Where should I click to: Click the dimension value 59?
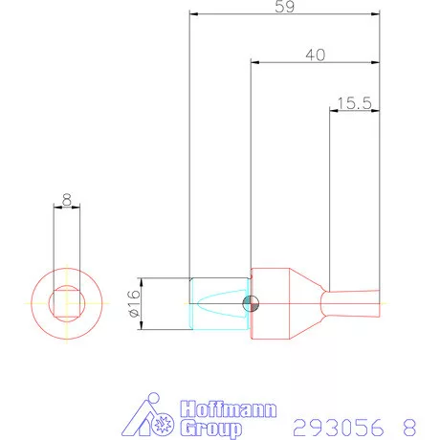click(x=285, y=7)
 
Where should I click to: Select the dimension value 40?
click(x=315, y=55)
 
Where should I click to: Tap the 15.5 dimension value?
click(x=354, y=102)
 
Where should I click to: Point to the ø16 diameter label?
click(x=134, y=303)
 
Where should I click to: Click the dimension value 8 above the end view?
click(x=66, y=200)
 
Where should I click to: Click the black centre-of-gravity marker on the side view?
click(x=252, y=303)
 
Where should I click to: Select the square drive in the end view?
click(x=66, y=303)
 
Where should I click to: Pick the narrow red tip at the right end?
click(x=354, y=303)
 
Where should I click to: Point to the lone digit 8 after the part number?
click(x=410, y=424)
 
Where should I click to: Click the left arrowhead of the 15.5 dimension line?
click(x=333, y=111)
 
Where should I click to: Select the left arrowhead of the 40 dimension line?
click(x=253, y=64)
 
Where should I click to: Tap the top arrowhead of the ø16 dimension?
click(x=142, y=280)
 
